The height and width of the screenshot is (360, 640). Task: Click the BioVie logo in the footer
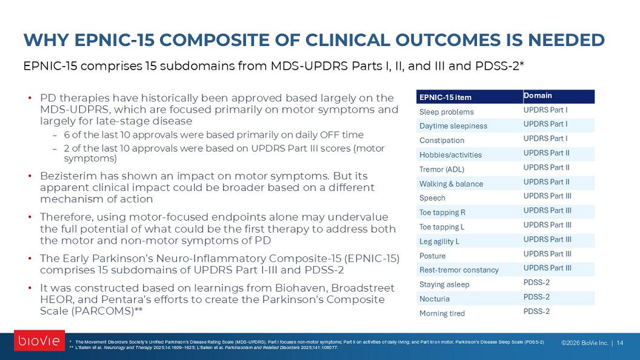pos(39,341)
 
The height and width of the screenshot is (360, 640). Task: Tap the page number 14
pos(619,343)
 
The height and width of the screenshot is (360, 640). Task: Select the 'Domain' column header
pos(538,96)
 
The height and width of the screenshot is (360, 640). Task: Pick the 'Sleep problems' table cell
pos(447,112)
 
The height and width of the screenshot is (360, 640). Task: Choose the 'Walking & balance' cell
pos(451,184)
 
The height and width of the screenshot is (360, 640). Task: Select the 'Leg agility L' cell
pos(439,241)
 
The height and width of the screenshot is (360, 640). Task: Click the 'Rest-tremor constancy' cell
pos(459,270)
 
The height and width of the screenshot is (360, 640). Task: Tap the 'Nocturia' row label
pos(435,299)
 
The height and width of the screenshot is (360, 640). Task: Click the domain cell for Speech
pos(547,196)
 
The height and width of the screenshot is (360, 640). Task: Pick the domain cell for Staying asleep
pos(536,282)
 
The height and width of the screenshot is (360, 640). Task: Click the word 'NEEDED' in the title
pos(566,40)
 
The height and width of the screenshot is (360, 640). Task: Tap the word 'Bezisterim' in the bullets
pos(68,176)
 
